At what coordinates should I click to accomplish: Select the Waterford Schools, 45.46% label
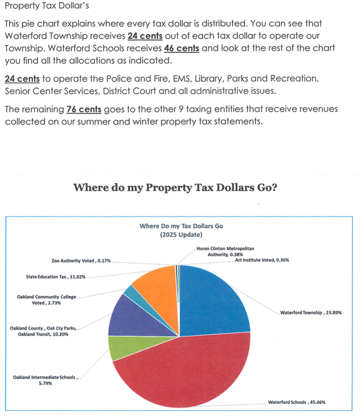click(296, 402)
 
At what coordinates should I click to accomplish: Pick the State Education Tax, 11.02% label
click(56, 277)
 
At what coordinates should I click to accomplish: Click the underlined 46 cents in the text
click(181, 48)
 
